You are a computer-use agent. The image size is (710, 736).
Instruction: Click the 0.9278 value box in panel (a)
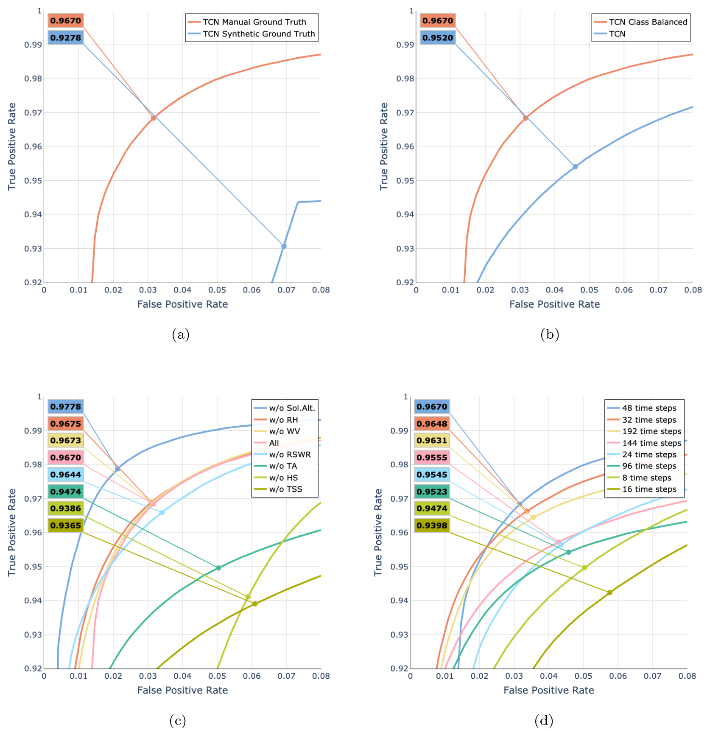pos(65,38)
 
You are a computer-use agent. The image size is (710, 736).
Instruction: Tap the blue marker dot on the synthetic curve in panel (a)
pos(284,246)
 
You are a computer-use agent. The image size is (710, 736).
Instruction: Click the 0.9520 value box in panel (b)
pos(438,38)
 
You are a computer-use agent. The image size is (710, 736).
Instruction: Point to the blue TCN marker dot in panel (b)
pos(575,167)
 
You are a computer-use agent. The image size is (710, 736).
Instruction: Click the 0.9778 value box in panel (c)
pos(65,407)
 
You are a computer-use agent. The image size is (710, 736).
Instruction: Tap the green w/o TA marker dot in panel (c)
pos(218,568)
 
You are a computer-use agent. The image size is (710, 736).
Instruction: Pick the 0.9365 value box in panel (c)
pos(65,525)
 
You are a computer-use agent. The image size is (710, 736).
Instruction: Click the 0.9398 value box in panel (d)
pos(432,525)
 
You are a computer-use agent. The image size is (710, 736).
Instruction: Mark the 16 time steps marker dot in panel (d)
pos(610,593)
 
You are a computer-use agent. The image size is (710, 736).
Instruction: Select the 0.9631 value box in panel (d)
pos(432,441)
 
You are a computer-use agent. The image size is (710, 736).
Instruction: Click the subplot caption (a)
pos(181,335)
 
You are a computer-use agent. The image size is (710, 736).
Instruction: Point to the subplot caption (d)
pos(544,721)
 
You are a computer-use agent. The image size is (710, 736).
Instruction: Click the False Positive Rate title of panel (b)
pos(554,304)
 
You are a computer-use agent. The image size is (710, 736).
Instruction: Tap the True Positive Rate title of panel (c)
pos(12,532)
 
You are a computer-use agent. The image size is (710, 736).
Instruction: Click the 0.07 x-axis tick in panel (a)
pos(286,290)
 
